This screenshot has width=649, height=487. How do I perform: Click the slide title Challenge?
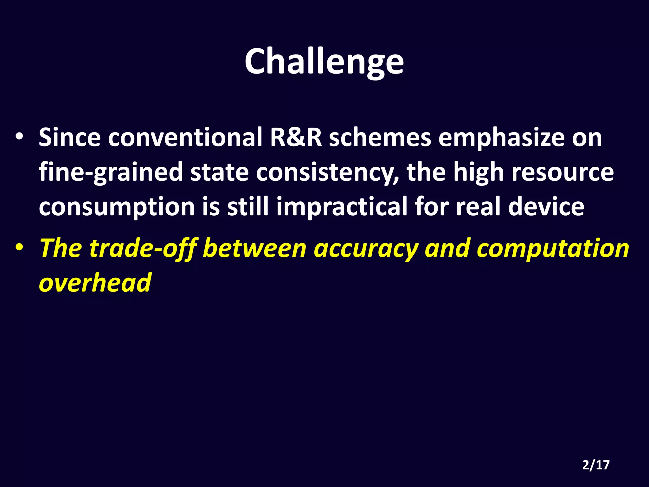pos(324,62)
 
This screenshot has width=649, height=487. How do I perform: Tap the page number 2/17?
pos(596,465)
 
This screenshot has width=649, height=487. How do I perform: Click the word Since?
pos(69,137)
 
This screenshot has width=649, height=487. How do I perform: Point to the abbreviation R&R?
pos(296,137)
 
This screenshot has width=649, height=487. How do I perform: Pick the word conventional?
pos(185,137)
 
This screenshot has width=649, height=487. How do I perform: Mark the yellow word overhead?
pos(95,282)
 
